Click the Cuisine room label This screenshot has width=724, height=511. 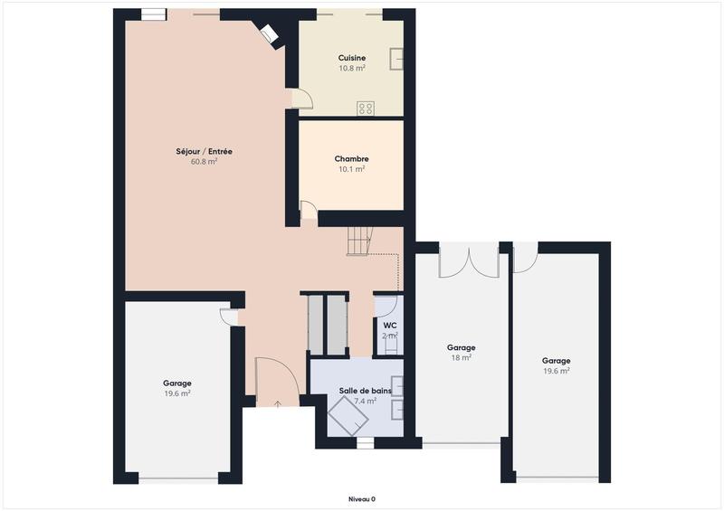352,57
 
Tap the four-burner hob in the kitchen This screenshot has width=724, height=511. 366,108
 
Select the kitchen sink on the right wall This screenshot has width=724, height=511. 395,58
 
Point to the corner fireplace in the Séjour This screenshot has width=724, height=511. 269,34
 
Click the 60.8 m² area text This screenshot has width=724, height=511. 204,163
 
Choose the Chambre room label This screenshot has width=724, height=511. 351,158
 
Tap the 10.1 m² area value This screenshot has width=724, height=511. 351,169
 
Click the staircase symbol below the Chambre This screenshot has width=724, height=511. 359,241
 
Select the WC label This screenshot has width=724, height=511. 389,325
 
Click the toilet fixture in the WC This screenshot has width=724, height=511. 390,343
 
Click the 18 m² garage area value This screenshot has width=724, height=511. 461,358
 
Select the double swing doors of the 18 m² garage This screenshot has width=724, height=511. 469,260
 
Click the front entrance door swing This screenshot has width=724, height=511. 271,379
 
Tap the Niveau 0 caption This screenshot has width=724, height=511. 362,498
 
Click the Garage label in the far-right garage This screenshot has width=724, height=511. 556,360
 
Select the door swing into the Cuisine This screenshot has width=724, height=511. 300,99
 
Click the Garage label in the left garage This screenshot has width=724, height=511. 176,383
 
